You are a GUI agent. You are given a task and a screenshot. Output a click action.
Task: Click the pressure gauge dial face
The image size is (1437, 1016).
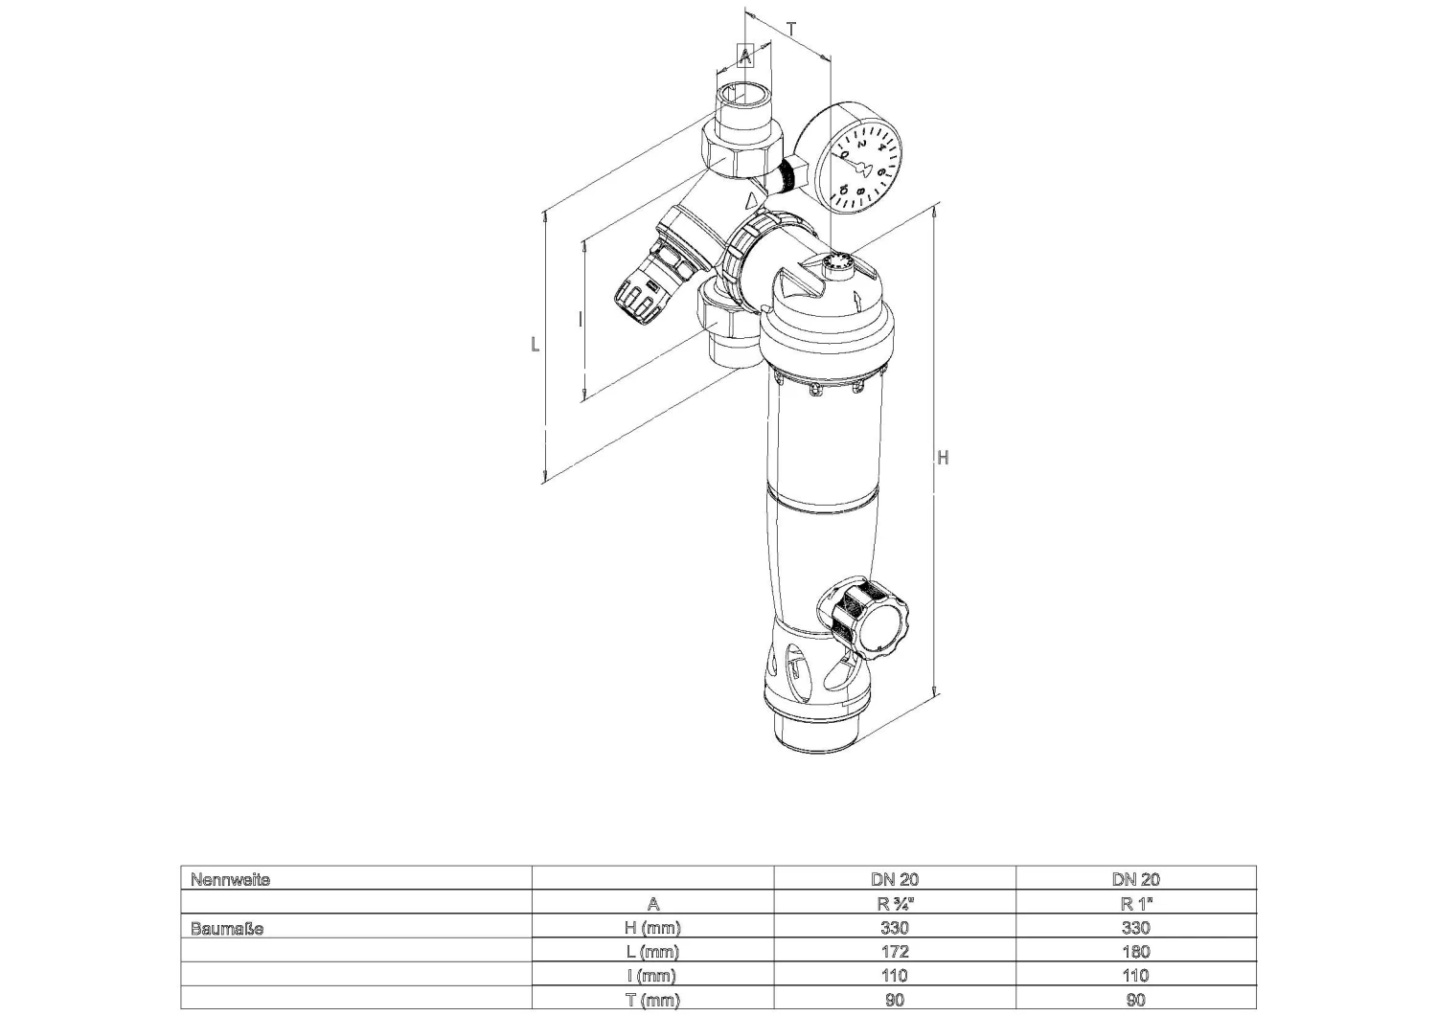(x=863, y=165)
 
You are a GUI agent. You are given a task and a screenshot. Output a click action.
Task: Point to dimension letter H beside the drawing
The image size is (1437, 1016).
(x=943, y=458)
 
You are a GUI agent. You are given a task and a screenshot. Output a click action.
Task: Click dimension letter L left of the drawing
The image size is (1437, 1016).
(x=536, y=344)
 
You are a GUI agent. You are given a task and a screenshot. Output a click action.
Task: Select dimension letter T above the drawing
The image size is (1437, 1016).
(x=791, y=29)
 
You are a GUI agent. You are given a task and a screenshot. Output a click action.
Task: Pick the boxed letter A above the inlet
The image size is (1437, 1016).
(x=745, y=56)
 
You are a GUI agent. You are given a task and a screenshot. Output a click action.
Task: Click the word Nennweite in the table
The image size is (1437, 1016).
(x=230, y=879)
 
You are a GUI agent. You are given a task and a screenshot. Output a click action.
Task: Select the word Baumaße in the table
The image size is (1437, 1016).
(x=227, y=928)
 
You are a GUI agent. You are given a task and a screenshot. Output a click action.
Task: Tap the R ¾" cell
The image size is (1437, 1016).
(x=894, y=904)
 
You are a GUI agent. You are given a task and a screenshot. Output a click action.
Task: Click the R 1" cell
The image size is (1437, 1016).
(x=1135, y=904)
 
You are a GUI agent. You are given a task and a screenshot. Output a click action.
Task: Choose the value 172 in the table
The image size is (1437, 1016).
(x=894, y=952)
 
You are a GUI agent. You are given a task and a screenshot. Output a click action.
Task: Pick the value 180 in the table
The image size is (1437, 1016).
(x=1135, y=952)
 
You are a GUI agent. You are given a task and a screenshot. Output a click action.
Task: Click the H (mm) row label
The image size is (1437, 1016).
(x=652, y=928)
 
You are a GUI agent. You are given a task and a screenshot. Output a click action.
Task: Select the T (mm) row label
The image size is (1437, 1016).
(x=652, y=1001)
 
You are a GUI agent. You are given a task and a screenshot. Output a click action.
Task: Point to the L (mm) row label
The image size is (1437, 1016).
(x=652, y=952)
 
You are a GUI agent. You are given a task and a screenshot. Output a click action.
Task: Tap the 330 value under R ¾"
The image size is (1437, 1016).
(x=894, y=928)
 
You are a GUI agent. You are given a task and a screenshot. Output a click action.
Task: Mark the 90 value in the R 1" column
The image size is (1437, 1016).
(x=1135, y=1001)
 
